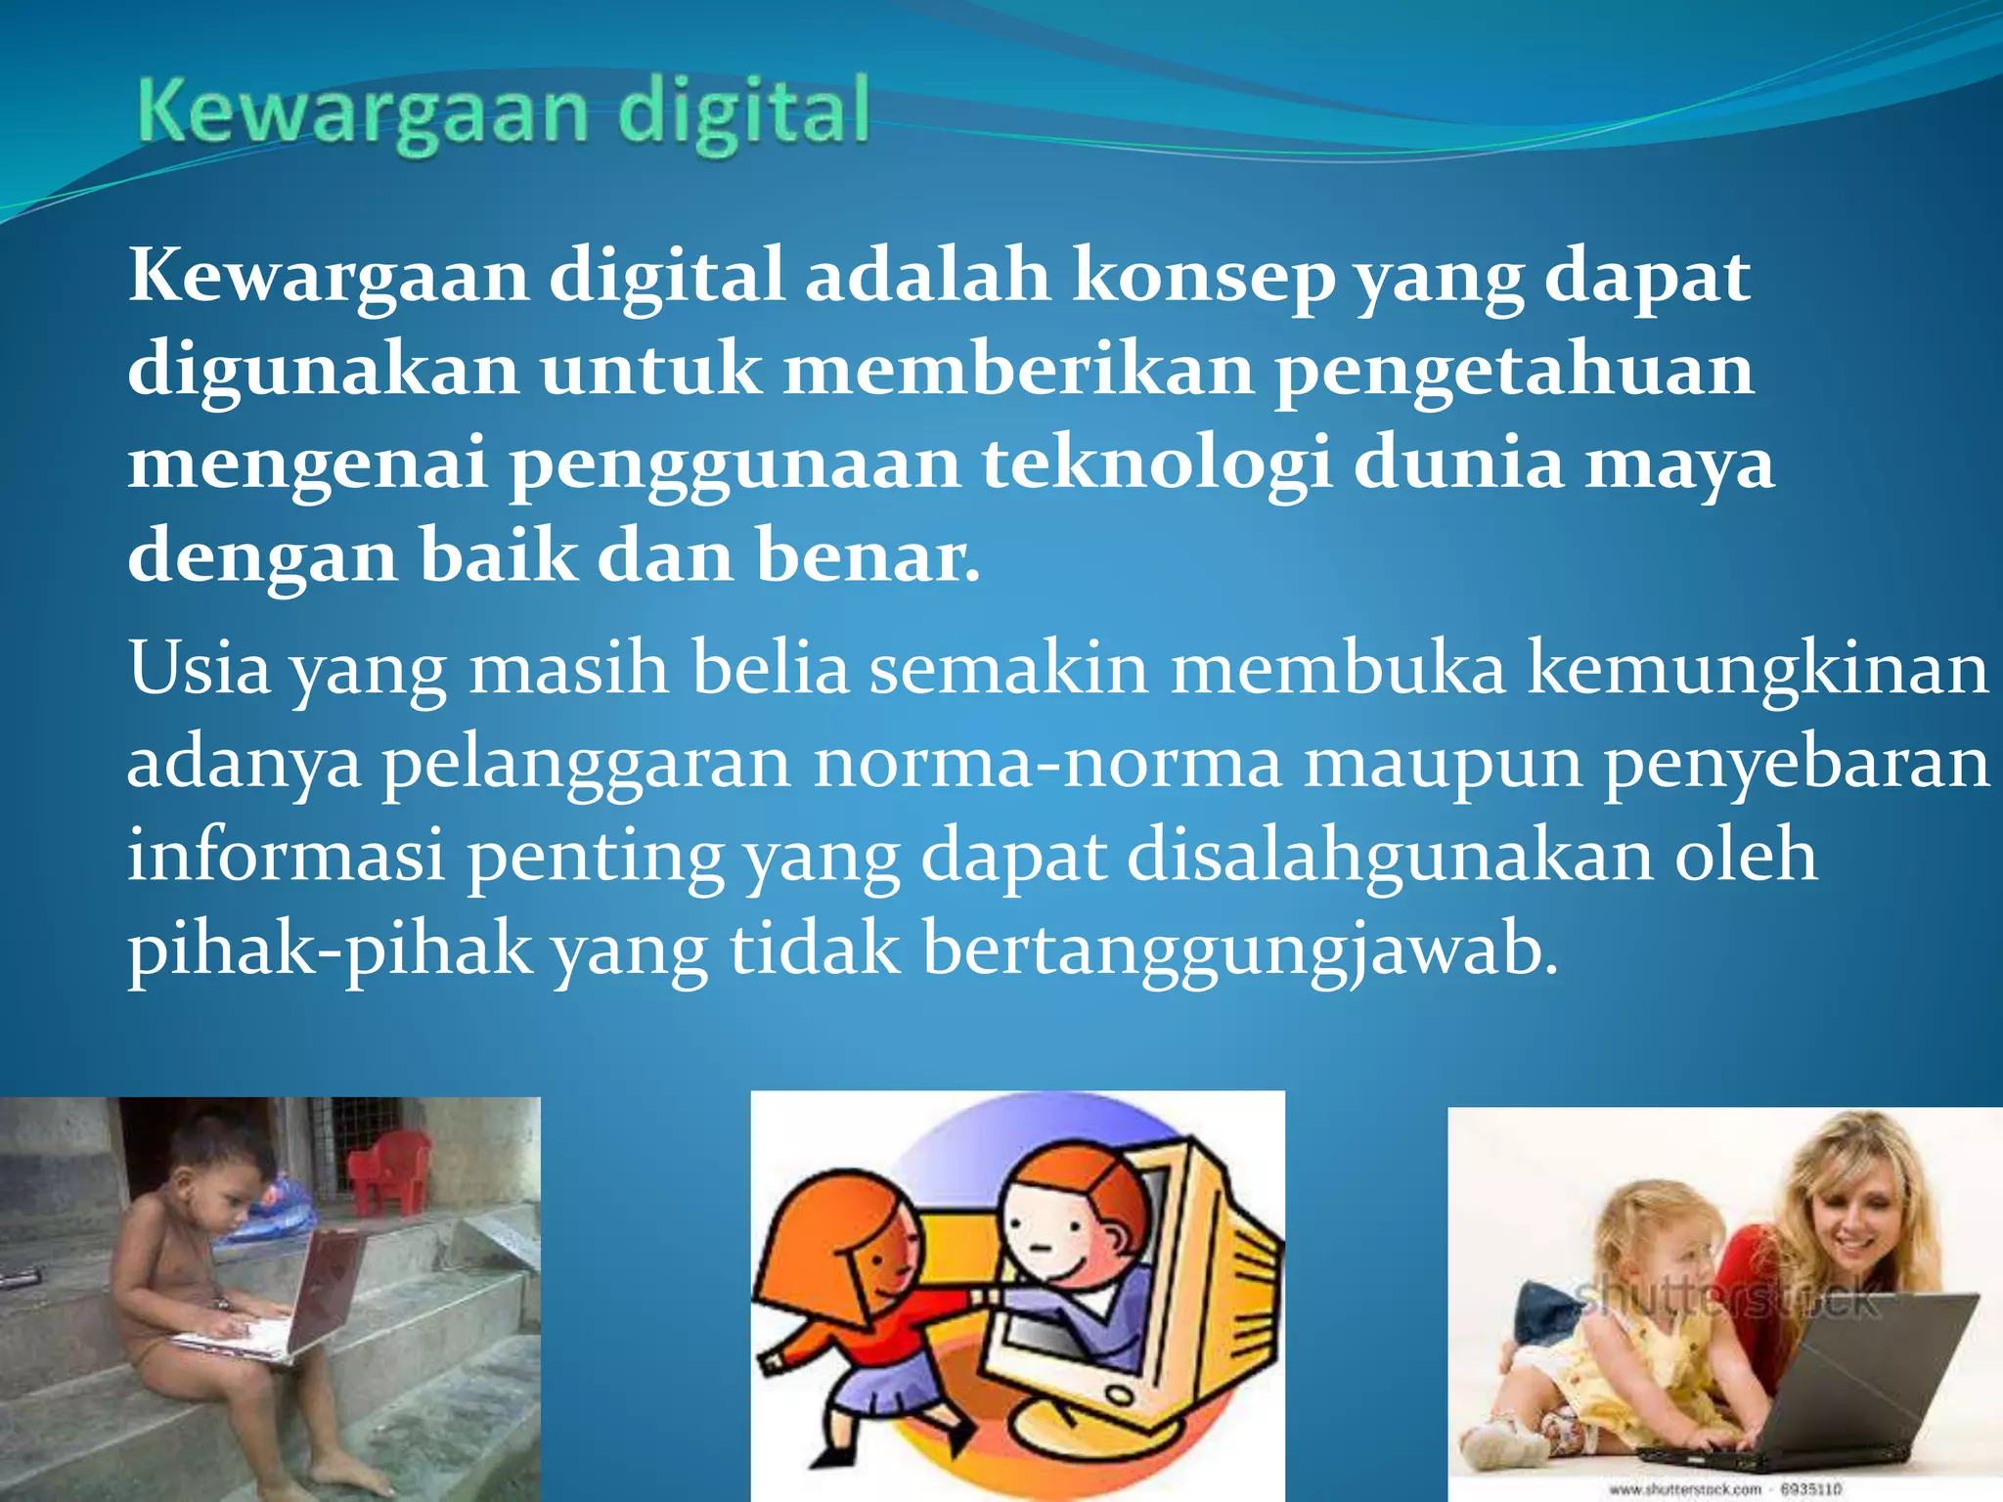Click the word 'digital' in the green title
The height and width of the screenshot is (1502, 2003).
click(743, 112)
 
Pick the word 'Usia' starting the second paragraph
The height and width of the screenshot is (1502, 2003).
click(199, 669)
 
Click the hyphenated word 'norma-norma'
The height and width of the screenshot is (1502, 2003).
click(1046, 763)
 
